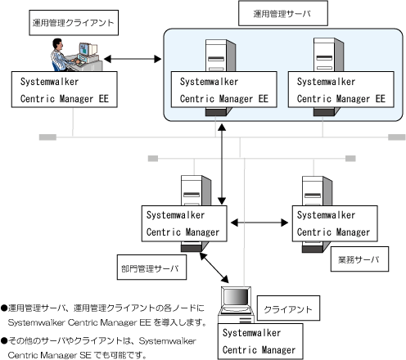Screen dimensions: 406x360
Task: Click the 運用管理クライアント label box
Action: coord(74,23)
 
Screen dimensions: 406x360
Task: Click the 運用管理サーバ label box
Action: coord(283,13)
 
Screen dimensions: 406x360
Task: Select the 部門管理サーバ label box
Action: coord(151,268)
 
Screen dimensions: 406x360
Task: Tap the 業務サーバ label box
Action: coord(359,259)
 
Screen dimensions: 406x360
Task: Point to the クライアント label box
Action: coord(288,308)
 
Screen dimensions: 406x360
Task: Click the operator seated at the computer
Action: coord(61,55)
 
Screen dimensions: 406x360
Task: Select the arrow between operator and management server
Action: coord(133,59)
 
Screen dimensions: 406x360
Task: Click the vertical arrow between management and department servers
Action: coord(222,164)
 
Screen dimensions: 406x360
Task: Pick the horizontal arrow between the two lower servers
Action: coord(259,223)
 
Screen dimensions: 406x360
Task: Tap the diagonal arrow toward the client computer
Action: coord(214,268)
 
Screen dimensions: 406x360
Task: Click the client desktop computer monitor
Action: coord(236,298)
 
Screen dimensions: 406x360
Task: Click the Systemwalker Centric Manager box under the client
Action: coord(260,341)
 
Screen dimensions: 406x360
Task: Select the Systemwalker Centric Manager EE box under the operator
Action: coord(65,89)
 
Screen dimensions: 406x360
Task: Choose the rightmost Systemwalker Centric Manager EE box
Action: coord(341,89)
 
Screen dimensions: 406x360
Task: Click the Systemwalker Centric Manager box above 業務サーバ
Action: coord(335,223)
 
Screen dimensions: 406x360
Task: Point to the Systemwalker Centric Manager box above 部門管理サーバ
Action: coord(184,223)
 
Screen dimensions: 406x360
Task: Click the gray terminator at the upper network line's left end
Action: coord(47,137)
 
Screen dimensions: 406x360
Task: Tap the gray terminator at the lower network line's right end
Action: coord(350,159)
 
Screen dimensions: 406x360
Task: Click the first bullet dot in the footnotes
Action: coord(4,308)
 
